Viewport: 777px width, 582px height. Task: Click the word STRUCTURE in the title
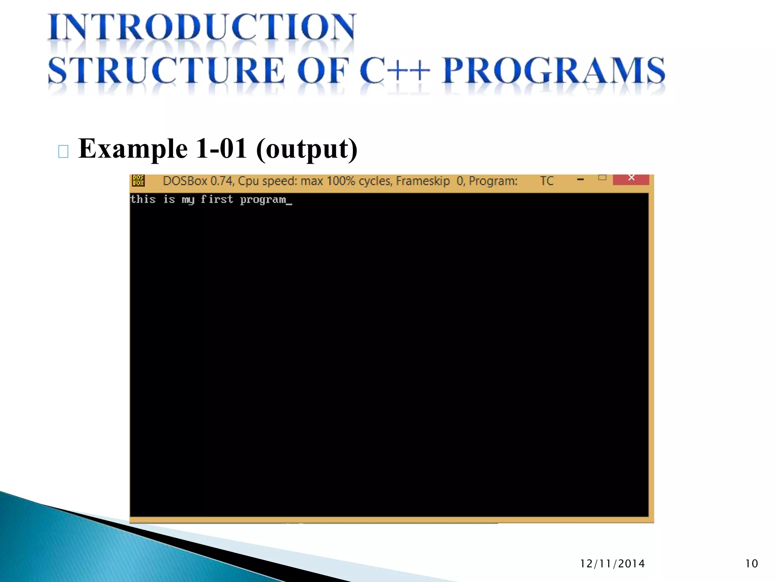(x=166, y=70)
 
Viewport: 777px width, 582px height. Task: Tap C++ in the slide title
(x=395, y=70)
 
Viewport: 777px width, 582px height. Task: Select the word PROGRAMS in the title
(x=554, y=70)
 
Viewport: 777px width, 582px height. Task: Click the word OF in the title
(x=322, y=70)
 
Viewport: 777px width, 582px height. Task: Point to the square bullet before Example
(x=63, y=152)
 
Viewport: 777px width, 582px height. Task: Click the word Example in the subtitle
(x=133, y=149)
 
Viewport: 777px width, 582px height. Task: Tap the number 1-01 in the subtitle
(x=221, y=149)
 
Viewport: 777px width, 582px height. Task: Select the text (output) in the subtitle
(x=307, y=149)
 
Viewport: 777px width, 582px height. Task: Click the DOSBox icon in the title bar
(x=138, y=180)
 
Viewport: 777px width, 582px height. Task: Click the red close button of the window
(x=631, y=178)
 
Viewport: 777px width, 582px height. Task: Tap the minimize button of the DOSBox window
(x=580, y=180)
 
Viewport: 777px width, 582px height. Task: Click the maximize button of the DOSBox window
(x=602, y=177)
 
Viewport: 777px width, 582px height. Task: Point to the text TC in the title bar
(x=547, y=181)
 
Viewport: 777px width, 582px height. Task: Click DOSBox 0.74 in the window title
(x=197, y=181)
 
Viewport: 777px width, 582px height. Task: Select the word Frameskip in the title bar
(x=423, y=181)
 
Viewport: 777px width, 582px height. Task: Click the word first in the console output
(x=217, y=199)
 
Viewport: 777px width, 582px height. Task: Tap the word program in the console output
(x=263, y=200)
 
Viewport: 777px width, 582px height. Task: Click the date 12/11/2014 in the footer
(x=612, y=564)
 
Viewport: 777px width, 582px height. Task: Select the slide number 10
(x=751, y=564)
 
